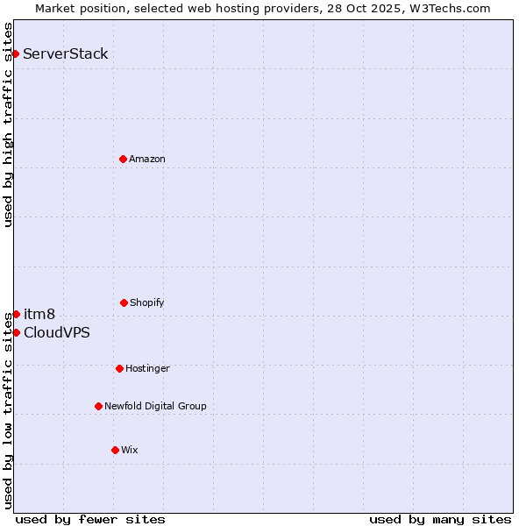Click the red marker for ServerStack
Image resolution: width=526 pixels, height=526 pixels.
pyautogui.click(x=16, y=53)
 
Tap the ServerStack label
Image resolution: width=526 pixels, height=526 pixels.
pyautogui.click(x=66, y=53)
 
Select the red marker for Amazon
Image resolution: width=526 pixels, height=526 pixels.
pyautogui.click(x=124, y=159)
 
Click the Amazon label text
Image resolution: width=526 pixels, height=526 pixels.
pyautogui.click(x=147, y=159)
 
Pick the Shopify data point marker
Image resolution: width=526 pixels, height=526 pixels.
pyautogui.click(x=124, y=302)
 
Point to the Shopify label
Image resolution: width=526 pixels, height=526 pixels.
pyautogui.click(x=147, y=302)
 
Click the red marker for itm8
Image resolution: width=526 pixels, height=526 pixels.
pyautogui.click(x=16, y=314)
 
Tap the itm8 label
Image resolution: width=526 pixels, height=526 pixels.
pyautogui.click(x=39, y=314)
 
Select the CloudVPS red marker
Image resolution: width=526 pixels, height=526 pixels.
pyautogui.click(x=16, y=332)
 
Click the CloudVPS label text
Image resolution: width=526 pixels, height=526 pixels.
pyautogui.click(x=57, y=332)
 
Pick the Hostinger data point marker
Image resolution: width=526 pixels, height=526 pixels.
pyautogui.click(x=119, y=368)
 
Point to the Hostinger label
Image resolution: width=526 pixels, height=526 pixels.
pyautogui.click(x=147, y=368)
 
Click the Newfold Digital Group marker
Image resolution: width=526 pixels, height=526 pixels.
pyautogui.click(x=98, y=406)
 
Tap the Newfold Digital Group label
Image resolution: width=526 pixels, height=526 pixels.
pyautogui.click(x=155, y=406)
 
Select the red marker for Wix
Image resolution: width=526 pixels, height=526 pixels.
pyautogui.click(x=115, y=450)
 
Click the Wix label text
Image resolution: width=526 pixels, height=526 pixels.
pyautogui.click(x=130, y=450)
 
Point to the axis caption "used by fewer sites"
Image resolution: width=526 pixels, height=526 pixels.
pyautogui.click(x=90, y=519)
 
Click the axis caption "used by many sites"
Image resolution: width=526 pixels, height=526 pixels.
pyautogui.click(x=440, y=519)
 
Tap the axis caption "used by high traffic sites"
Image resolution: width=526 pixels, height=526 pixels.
pyautogui.click(x=8, y=124)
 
